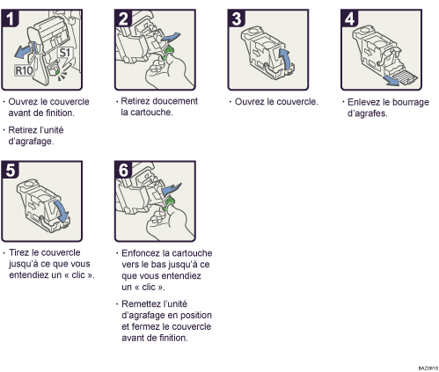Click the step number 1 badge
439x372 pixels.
[10, 18]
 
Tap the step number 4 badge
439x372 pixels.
[349, 18]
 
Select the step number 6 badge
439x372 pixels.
[123, 170]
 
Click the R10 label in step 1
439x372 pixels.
[24, 70]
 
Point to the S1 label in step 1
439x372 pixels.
[65, 53]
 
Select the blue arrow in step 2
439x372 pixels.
[171, 38]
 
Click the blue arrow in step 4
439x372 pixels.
[392, 81]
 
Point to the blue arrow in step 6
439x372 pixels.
[172, 189]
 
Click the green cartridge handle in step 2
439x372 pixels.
[168, 52]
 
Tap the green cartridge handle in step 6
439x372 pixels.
[168, 203]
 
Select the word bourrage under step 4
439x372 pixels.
[411, 102]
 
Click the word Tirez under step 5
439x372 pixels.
[19, 252]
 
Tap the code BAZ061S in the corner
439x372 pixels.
[428, 368]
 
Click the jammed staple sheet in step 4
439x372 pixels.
[406, 77]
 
